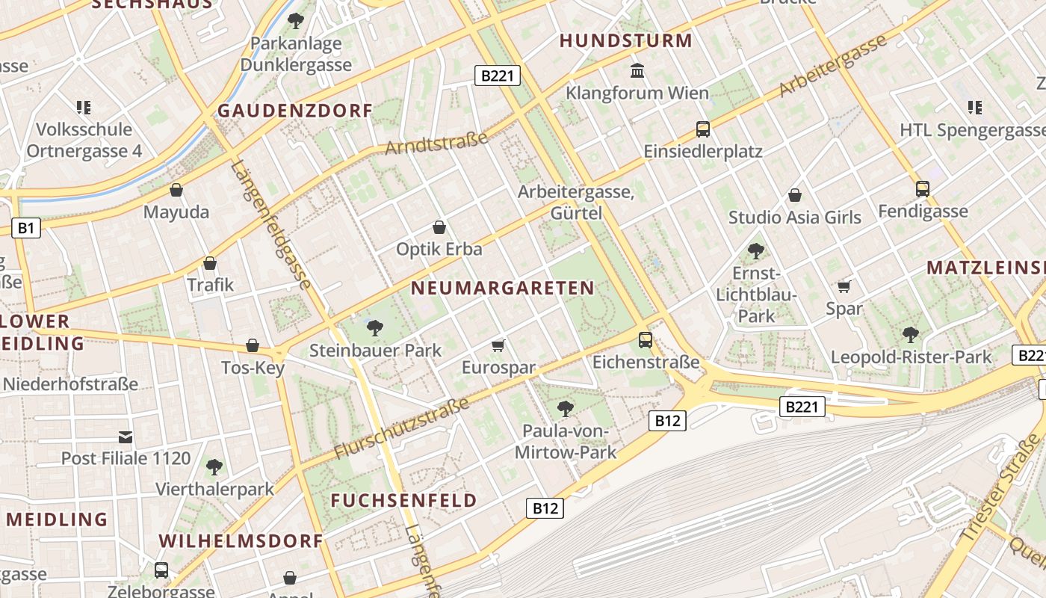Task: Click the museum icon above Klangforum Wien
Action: pyautogui.click(x=638, y=71)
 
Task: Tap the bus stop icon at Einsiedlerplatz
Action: pyautogui.click(x=702, y=129)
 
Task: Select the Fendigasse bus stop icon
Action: pyautogui.click(x=923, y=189)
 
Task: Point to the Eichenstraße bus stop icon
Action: pyautogui.click(x=646, y=340)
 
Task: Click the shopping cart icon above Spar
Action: pyautogui.click(x=844, y=286)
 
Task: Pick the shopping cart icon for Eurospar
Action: pyautogui.click(x=498, y=345)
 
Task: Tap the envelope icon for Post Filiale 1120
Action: pyautogui.click(x=126, y=437)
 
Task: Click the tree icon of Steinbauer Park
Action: pyautogui.click(x=375, y=327)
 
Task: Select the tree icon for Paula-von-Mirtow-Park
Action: pyautogui.click(x=566, y=409)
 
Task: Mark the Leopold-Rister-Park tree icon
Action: pyautogui.click(x=910, y=334)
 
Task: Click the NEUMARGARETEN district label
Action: pyautogui.click(x=502, y=288)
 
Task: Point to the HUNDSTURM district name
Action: pyautogui.click(x=626, y=41)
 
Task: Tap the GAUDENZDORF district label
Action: pyautogui.click(x=294, y=111)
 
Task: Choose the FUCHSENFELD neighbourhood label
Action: pyautogui.click(x=403, y=501)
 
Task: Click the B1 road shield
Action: pyautogui.click(x=25, y=228)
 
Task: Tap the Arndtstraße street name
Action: pyautogui.click(x=436, y=143)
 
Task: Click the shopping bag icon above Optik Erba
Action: pyautogui.click(x=439, y=227)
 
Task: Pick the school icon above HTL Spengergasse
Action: pyautogui.click(x=974, y=108)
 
